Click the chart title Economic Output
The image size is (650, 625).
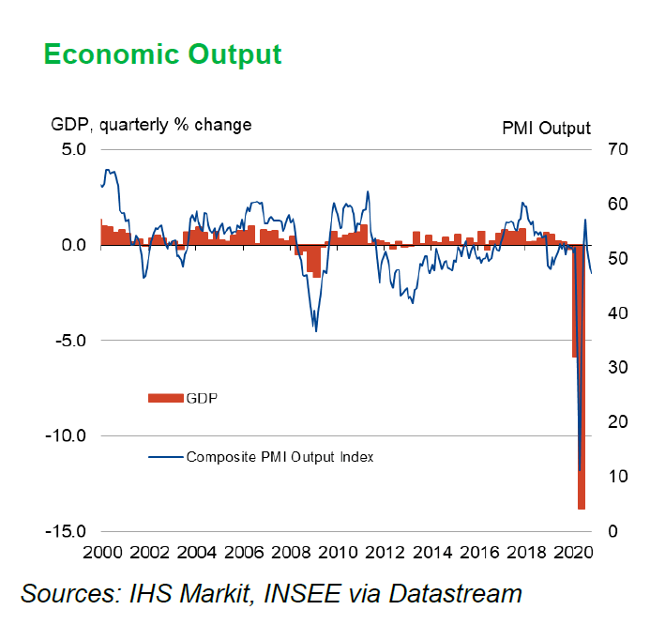(x=162, y=53)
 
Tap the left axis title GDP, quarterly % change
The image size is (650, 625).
(x=150, y=124)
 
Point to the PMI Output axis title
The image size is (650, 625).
(x=546, y=128)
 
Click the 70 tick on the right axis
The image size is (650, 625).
(x=616, y=148)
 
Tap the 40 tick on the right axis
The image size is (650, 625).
(x=616, y=313)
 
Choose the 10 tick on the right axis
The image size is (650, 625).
(x=616, y=477)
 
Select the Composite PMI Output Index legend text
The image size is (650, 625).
(x=280, y=457)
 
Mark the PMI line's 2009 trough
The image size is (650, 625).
(x=316, y=329)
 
